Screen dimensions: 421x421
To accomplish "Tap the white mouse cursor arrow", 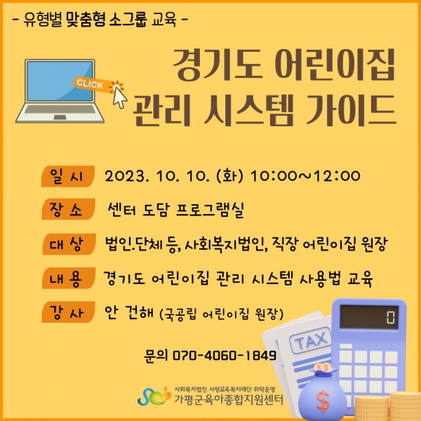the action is tap(119, 98).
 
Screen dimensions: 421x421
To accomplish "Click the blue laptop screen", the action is tap(60, 81).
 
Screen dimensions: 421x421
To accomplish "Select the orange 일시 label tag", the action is tap(68, 176).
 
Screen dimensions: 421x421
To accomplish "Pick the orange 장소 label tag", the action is tap(68, 209).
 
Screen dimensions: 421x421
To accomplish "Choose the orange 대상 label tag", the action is tap(69, 244).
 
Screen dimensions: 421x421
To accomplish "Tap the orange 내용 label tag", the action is tap(69, 278).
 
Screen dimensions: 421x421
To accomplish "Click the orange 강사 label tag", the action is tap(68, 312).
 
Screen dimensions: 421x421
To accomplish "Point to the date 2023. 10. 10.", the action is tap(156, 176).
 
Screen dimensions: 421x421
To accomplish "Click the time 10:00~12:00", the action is tap(305, 176).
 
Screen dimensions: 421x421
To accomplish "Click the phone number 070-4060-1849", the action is tap(225, 356).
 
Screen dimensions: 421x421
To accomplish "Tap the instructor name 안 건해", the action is tap(129, 313).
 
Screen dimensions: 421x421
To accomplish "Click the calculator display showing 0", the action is tap(369, 317).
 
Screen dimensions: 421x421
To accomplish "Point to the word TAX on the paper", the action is tap(311, 340).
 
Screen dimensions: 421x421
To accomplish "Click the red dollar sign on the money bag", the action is tap(323, 401).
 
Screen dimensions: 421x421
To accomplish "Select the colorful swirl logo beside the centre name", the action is tap(154, 396).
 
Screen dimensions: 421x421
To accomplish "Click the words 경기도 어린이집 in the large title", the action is tap(284, 65).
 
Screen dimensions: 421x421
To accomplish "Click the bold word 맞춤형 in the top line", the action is tap(86, 19).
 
